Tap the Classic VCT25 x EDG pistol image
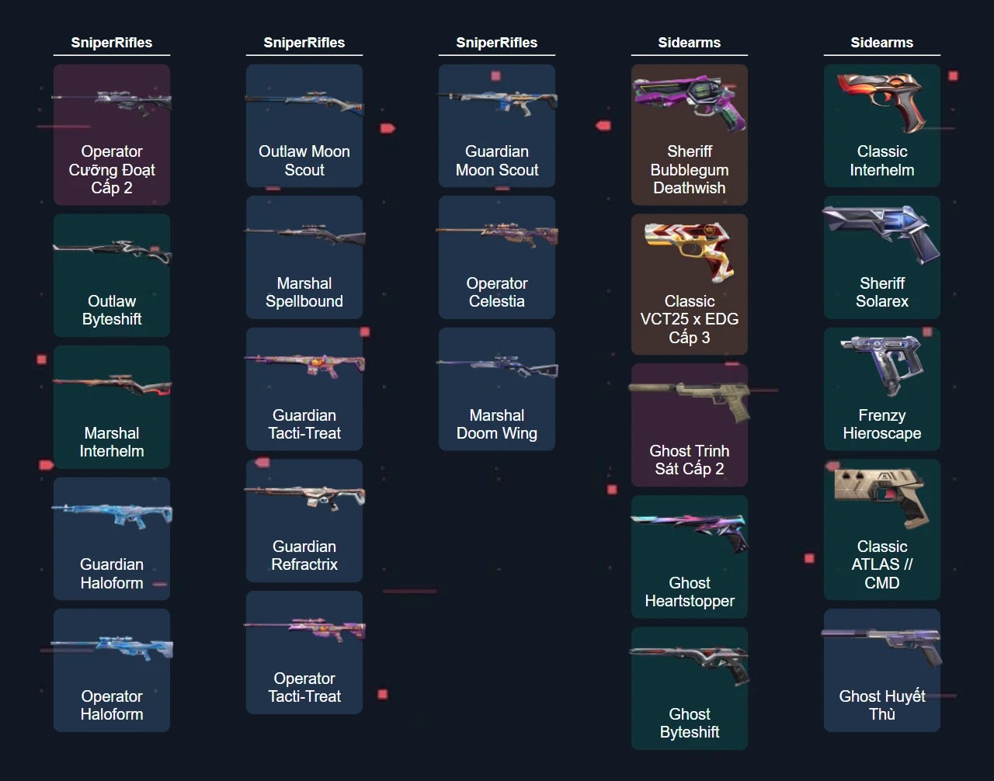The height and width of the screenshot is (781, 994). [690, 251]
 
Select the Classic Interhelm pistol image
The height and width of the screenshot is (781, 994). [882, 101]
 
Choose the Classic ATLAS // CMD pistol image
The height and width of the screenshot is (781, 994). [882, 495]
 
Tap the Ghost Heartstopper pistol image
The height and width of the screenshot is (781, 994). [690, 533]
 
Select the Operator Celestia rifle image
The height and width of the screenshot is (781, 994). [497, 233]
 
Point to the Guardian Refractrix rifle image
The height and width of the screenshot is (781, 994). [304, 497]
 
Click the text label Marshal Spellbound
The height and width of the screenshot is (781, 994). [304, 293]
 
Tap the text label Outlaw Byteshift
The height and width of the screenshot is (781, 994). [112, 311]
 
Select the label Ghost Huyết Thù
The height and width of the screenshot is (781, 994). [882, 705]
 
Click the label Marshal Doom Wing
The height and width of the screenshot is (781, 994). [497, 425]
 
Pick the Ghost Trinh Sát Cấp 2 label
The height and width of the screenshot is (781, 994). [690, 460]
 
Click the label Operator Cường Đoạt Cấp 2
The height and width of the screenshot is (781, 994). [112, 170]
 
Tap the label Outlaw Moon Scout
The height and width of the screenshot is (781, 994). [304, 161]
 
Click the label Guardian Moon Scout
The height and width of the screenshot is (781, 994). [497, 161]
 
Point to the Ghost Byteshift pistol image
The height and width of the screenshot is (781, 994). [690, 664]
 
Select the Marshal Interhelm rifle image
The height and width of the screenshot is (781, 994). [112, 385]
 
